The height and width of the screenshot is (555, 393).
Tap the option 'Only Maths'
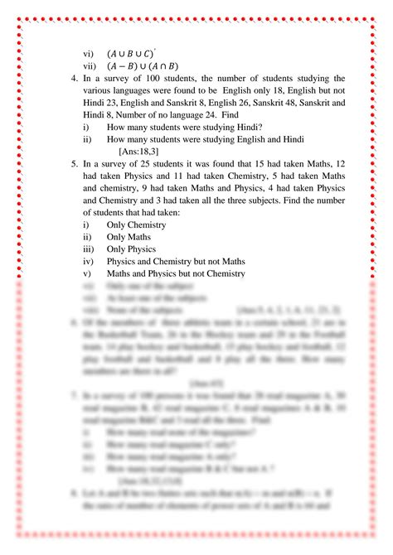(128, 238)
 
